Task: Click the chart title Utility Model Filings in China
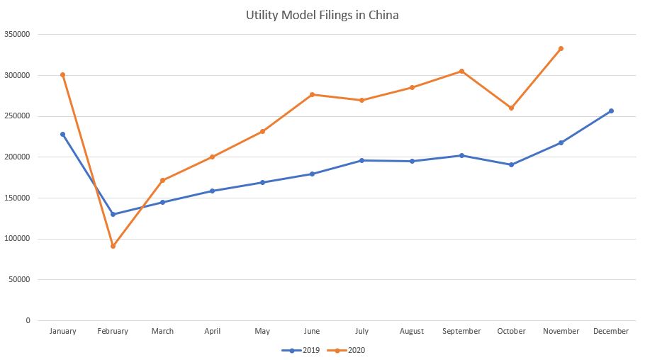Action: click(x=322, y=15)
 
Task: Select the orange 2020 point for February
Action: click(x=113, y=246)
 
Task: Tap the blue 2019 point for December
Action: click(x=611, y=111)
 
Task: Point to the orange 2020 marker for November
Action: click(x=561, y=49)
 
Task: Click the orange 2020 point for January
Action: click(x=63, y=75)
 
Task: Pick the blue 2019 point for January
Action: click(x=63, y=134)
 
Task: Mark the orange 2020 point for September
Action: click(x=461, y=71)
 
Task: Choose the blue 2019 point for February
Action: click(x=113, y=214)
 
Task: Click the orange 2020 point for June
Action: click(x=312, y=95)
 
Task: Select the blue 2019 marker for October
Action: click(x=511, y=164)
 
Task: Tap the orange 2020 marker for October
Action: click(x=511, y=108)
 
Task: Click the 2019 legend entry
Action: click(x=301, y=351)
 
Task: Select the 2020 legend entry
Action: click(x=346, y=351)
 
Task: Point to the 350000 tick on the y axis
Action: click(x=17, y=34)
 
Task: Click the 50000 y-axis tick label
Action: click(x=19, y=279)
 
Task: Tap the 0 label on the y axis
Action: click(x=28, y=320)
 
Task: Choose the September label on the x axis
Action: click(x=461, y=331)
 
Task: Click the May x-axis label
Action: click(x=262, y=332)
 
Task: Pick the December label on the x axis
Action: click(x=611, y=331)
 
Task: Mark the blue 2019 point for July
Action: click(x=362, y=160)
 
